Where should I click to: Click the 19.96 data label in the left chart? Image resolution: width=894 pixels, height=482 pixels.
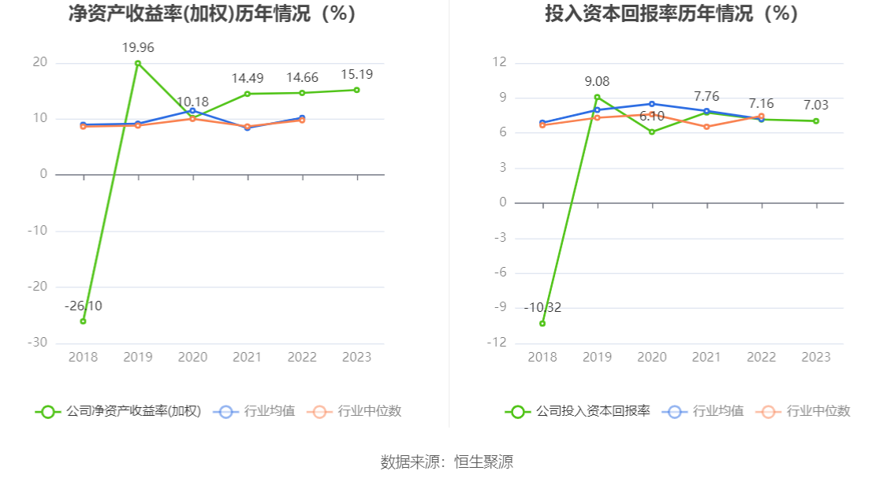pyautogui.click(x=137, y=48)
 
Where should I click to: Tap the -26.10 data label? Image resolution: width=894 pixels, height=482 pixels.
pyautogui.click(x=83, y=306)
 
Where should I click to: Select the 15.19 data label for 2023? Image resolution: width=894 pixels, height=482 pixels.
pyautogui.click(x=356, y=75)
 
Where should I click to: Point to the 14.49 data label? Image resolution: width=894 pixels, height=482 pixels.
pyautogui.click(x=248, y=79)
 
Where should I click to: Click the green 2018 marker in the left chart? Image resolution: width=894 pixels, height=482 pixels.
pyautogui.click(x=83, y=321)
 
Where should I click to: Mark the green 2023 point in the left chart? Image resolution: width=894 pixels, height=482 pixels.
pyautogui.click(x=357, y=90)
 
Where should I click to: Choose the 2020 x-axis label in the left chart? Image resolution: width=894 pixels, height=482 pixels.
pyautogui.click(x=192, y=358)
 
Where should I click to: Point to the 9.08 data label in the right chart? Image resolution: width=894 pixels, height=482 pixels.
pyautogui.click(x=597, y=82)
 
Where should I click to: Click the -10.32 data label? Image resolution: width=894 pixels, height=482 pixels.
pyautogui.click(x=542, y=308)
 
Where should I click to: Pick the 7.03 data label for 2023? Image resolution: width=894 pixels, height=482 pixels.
pyautogui.click(x=816, y=106)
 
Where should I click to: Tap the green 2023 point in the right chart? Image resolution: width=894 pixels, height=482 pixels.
pyautogui.click(x=816, y=121)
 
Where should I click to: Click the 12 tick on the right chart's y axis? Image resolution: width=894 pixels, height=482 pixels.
pyautogui.click(x=500, y=63)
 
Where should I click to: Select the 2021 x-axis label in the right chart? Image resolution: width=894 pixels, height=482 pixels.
pyautogui.click(x=706, y=358)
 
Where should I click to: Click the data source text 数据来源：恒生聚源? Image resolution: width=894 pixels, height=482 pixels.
pyautogui.click(x=446, y=462)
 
